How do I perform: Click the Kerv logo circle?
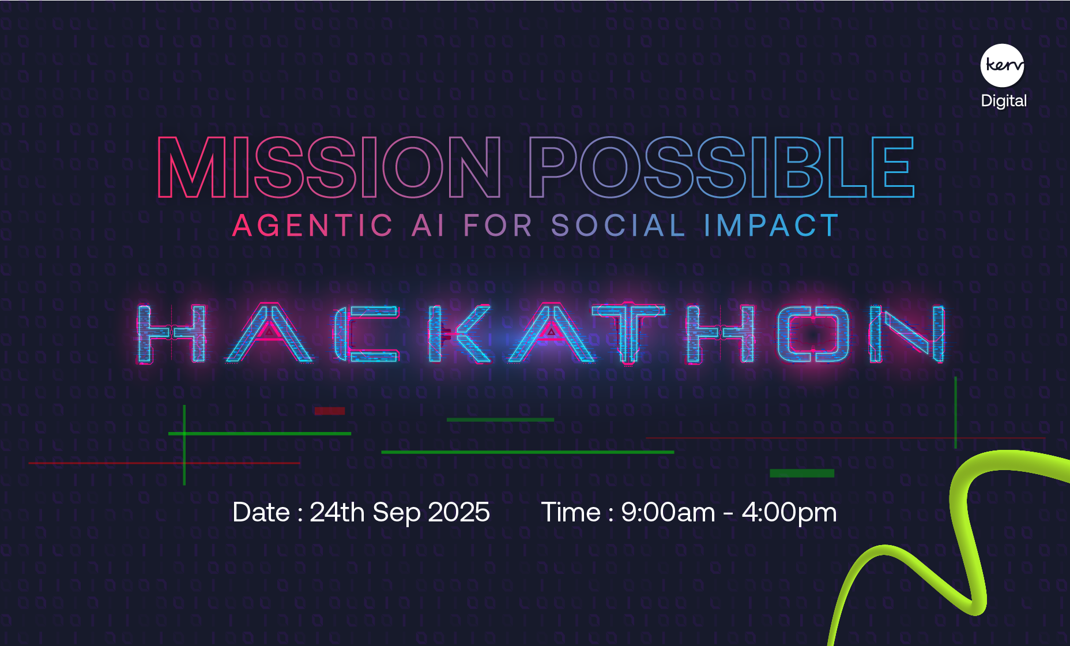[1003, 65]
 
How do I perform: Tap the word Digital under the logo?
[1004, 101]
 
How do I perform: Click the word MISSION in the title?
[329, 167]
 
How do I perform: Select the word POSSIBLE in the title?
[721, 167]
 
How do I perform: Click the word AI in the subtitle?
[428, 226]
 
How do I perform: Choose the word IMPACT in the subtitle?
[771, 226]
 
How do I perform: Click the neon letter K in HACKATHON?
[458, 334]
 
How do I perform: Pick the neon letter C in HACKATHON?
[366, 334]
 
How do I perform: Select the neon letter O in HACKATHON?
[813, 334]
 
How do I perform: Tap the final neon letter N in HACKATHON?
[907, 334]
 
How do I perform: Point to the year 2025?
[459, 512]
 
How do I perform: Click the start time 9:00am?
[668, 512]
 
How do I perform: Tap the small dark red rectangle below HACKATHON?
[329, 411]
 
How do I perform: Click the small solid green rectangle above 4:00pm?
[801, 473]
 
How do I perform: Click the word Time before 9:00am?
[571, 512]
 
